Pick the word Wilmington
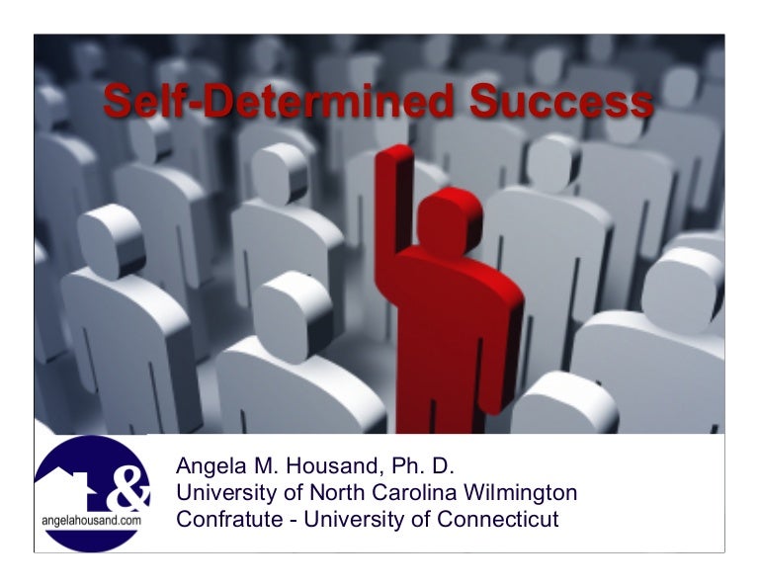pos(527,492)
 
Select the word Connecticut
pos(499,519)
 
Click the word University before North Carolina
pos(225,492)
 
